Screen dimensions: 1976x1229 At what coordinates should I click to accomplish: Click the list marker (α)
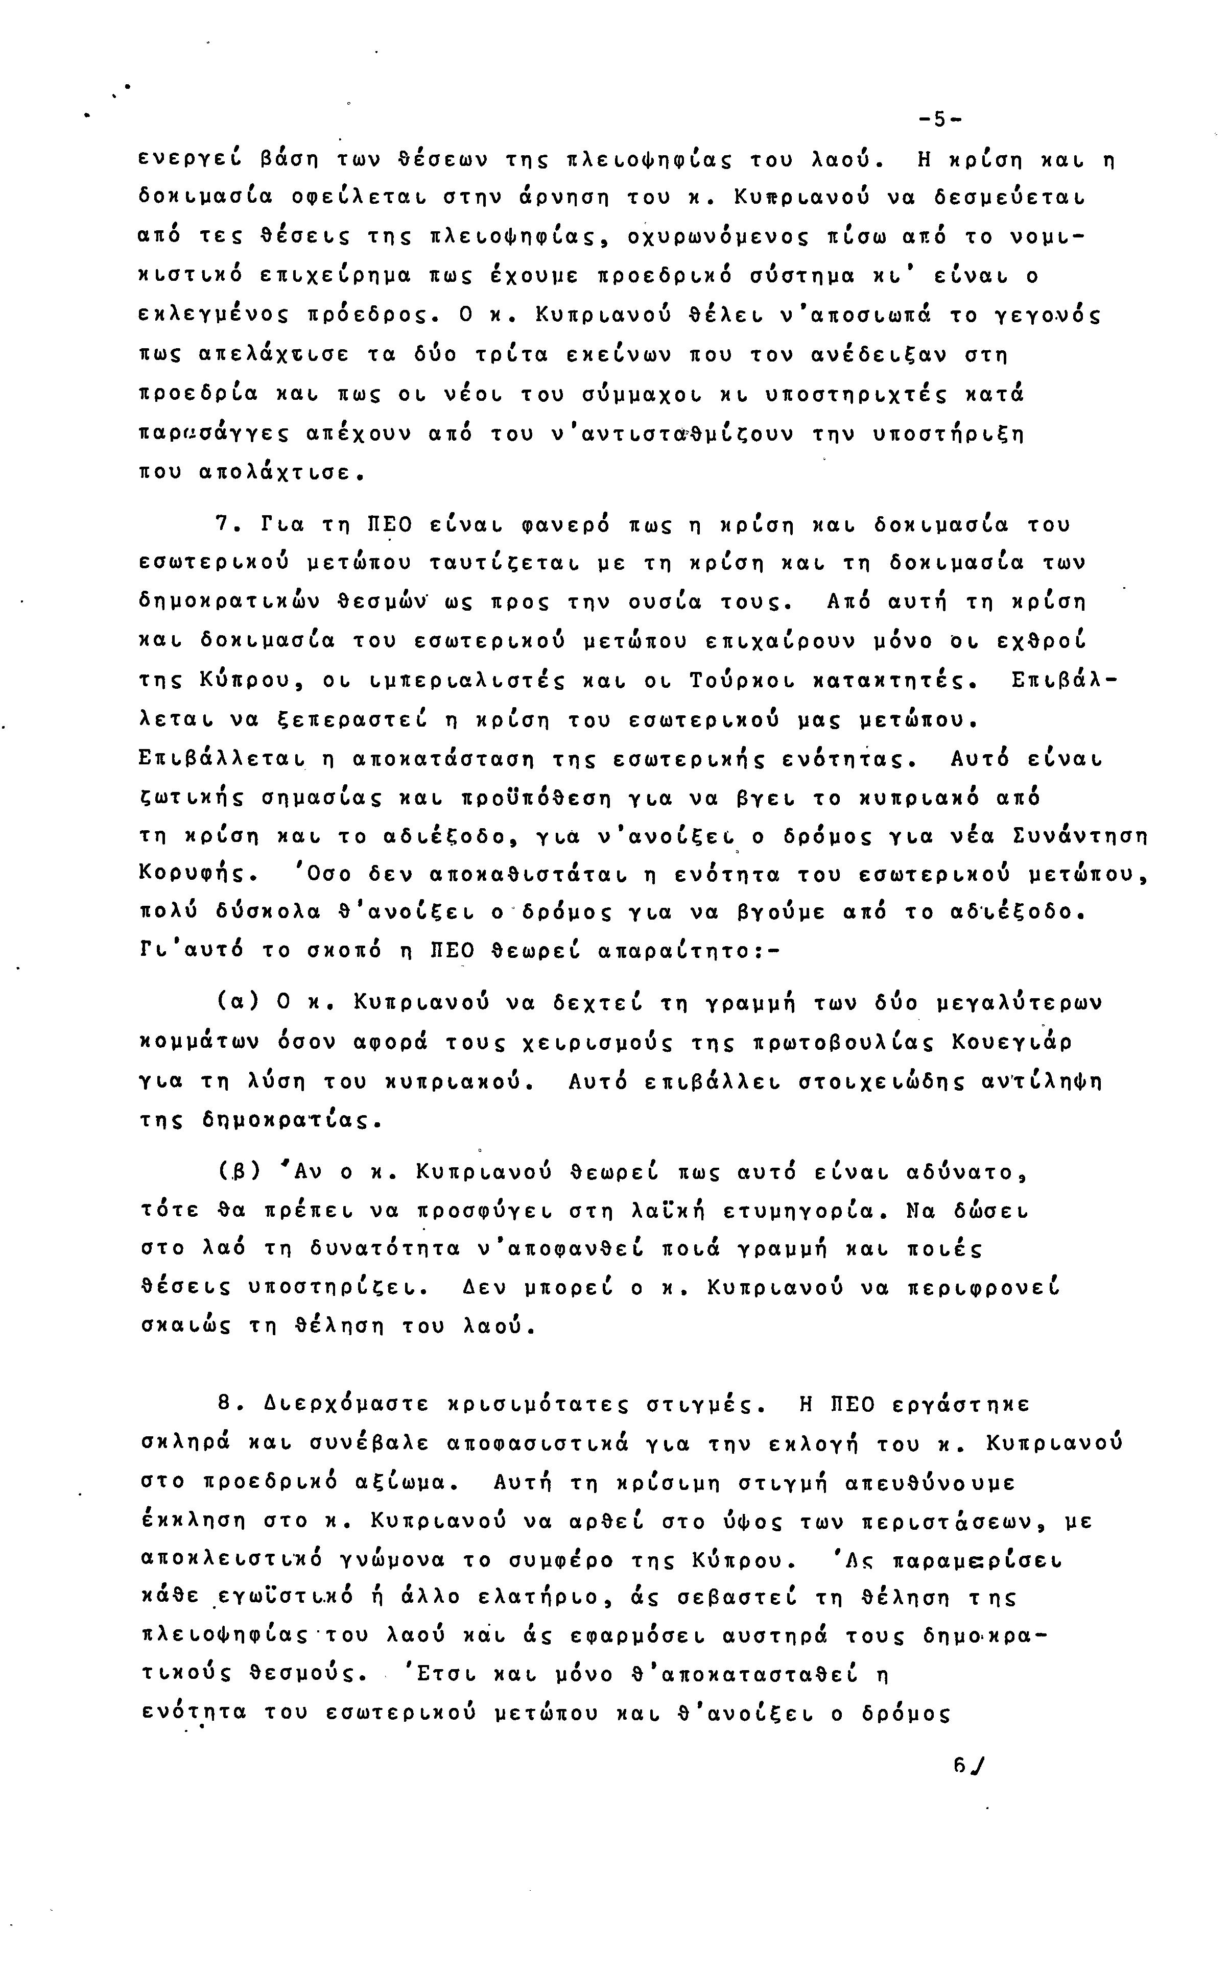pyautogui.click(x=238, y=1003)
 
